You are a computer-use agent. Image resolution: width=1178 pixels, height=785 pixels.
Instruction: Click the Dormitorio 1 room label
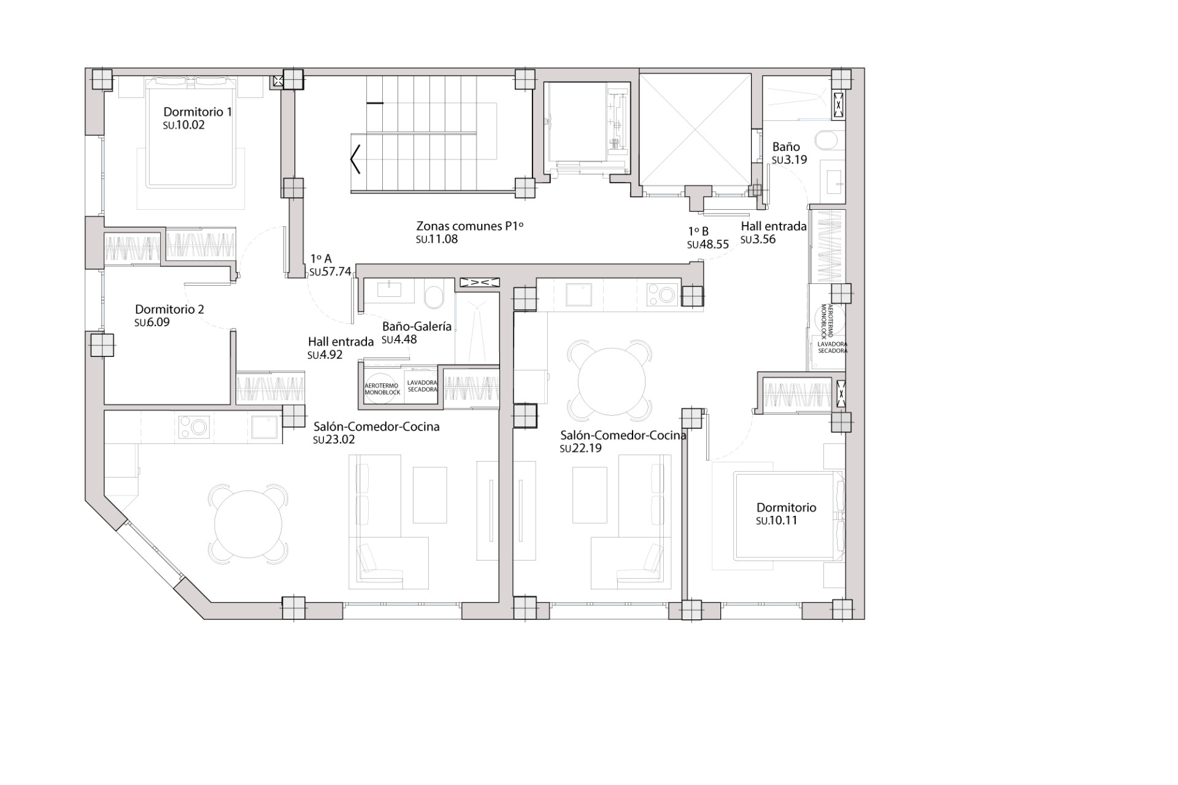pos(197,112)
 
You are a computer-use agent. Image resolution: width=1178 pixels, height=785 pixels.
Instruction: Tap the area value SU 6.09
pos(152,323)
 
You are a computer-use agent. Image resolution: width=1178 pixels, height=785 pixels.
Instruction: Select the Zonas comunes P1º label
pos(469,226)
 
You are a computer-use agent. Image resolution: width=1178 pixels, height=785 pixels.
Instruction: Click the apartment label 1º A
pos(321,259)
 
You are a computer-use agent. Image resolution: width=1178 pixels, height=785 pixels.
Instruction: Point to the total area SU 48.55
pos(708,245)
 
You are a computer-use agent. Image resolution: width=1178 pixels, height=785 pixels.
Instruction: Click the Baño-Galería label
pos(417,327)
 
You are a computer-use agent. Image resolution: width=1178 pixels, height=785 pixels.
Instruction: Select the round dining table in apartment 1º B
pos(611,381)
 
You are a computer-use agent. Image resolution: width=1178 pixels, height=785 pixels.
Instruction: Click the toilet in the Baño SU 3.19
pos(828,141)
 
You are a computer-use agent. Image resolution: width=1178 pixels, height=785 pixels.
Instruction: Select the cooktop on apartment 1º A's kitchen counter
pos(194,427)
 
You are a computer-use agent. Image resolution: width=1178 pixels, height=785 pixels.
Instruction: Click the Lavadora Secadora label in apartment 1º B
pos(832,348)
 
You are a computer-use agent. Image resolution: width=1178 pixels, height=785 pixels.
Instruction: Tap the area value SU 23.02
pos(334,440)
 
